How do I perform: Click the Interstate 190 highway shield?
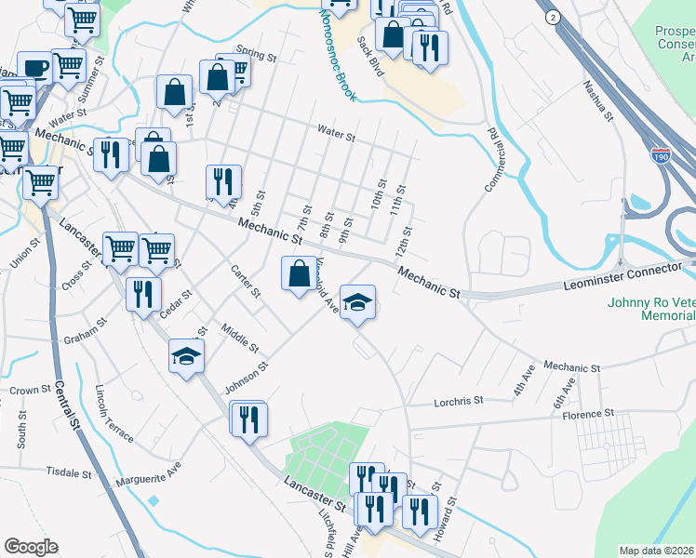coord(661,155)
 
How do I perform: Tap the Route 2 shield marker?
coord(553,18)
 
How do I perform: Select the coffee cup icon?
coord(34,68)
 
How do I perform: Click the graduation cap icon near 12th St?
coord(358,302)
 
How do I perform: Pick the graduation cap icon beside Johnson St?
coord(187,356)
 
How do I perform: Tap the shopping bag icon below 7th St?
coord(299,274)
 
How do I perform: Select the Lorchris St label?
coord(460,402)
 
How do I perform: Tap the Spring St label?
coord(257,57)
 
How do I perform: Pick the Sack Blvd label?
coord(370,56)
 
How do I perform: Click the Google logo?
coord(31,547)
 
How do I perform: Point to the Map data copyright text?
coord(656,551)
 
